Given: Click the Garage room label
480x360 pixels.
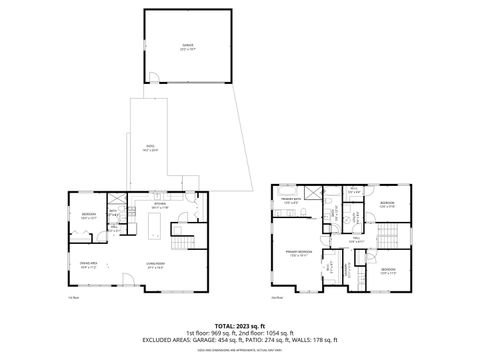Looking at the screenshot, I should [186, 46].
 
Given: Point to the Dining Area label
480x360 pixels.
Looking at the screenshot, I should [87, 265].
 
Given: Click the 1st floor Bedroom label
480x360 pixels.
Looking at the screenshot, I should [88, 215].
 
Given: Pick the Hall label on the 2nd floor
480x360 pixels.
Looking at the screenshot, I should [354, 241].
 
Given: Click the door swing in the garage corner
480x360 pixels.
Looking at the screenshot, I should [153, 78].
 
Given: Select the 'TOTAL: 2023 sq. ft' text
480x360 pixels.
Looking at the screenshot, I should [239, 325].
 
